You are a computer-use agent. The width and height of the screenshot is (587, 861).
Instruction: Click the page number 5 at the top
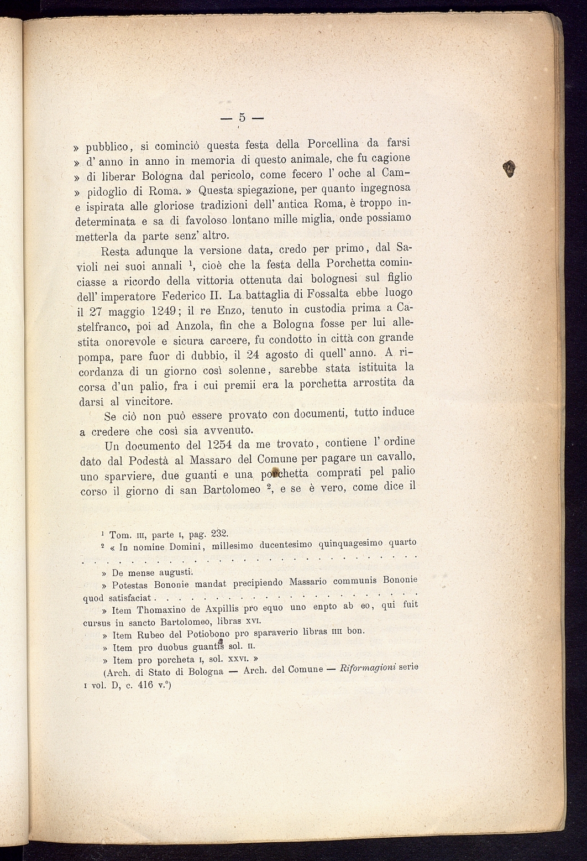click(x=242, y=117)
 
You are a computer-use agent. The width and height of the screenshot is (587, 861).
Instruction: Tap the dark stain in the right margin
click(x=511, y=167)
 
